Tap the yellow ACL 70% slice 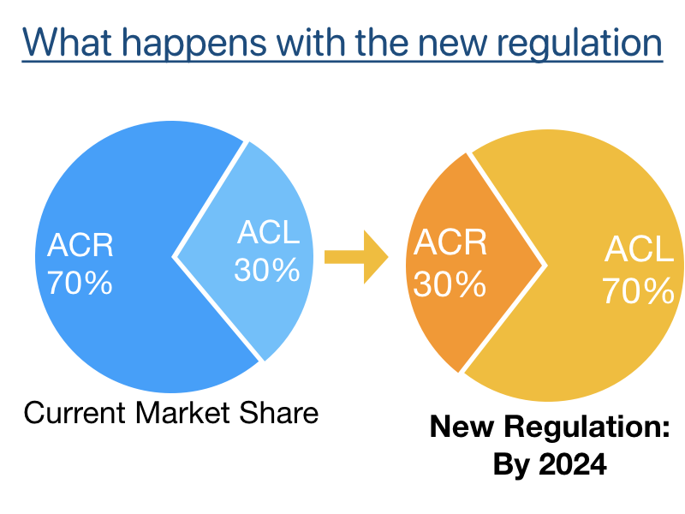point(582,343)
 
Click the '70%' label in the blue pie point(80,284)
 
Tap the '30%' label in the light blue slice point(267,271)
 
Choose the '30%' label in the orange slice point(448,284)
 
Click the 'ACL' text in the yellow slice point(639,250)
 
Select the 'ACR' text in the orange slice point(450,244)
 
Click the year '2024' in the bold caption point(573,465)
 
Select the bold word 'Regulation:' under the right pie point(584,427)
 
